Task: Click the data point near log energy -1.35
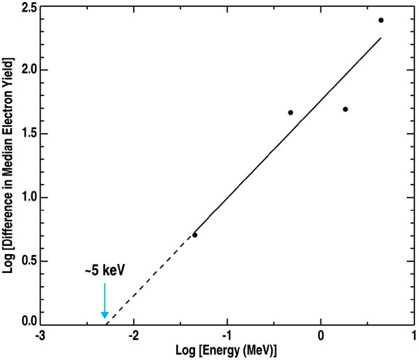[x=194, y=235]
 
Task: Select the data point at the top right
[x=381, y=20]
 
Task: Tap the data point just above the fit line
[x=291, y=113]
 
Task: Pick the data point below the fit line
[x=345, y=109]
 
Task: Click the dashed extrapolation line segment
[x=150, y=279]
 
